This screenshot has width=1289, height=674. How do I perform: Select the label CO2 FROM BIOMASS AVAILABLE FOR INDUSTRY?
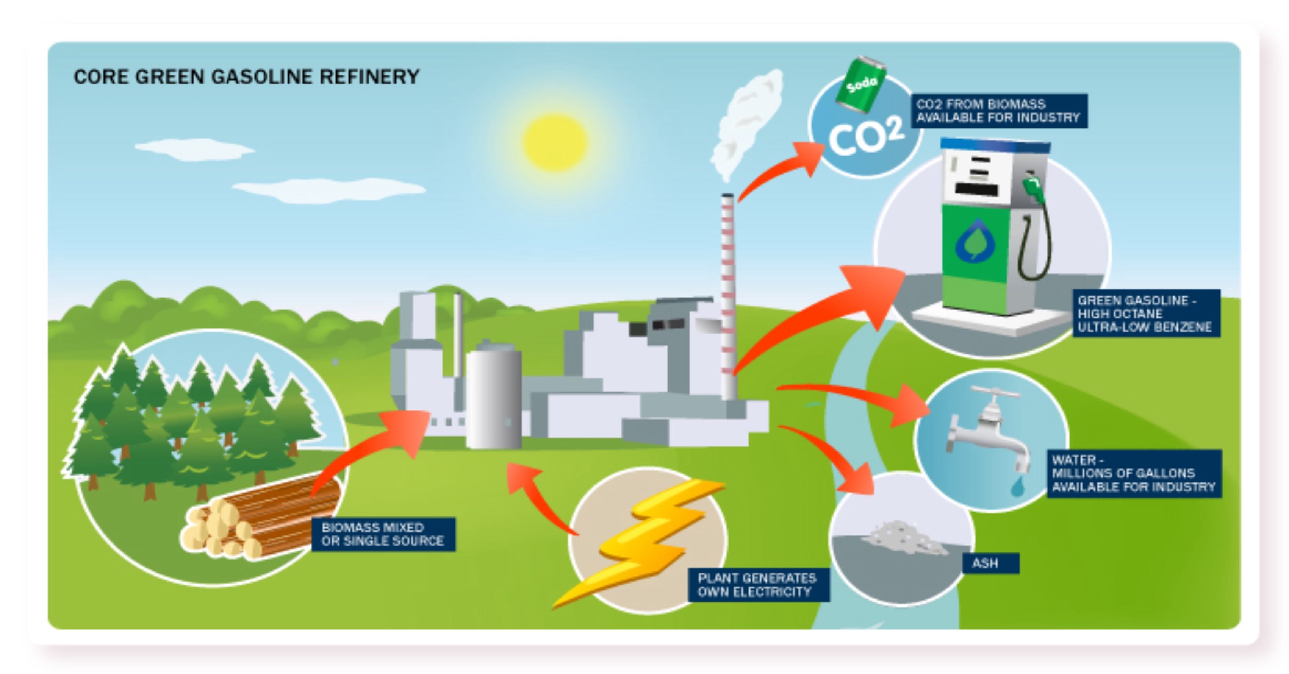pyautogui.click(x=999, y=111)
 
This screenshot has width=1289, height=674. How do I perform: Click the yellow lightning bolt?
pyautogui.click(x=646, y=540)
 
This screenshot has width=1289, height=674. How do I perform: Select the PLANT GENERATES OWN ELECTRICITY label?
pyautogui.click(x=757, y=585)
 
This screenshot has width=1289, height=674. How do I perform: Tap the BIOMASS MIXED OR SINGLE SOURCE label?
pyautogui.click(x=383, y=534)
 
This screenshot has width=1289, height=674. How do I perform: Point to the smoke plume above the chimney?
pyautogui.click(x=746, y=123)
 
